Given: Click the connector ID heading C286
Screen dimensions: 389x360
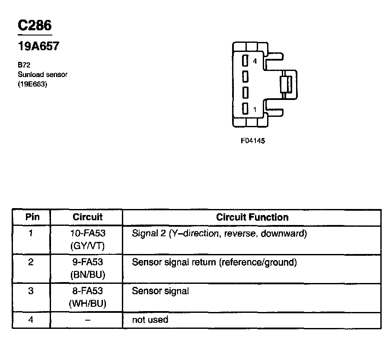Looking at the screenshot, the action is [x=34, y=26].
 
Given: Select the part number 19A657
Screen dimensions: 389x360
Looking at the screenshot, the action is [x=38, y=46].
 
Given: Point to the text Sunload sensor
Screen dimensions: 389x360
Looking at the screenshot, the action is [x=42, y=74].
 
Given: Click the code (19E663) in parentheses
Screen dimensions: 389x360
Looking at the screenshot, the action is [x=32, y=84].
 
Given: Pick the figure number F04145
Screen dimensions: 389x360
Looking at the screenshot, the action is [x=253, y=141].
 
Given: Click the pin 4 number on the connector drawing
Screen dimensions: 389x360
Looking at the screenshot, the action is [x=255, y=61].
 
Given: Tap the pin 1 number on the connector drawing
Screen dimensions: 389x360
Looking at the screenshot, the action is [x=255, y=109].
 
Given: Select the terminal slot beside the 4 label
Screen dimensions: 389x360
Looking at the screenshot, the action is [x=245, y=61].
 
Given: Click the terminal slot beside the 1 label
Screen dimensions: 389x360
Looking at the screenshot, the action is [x=245, y=109].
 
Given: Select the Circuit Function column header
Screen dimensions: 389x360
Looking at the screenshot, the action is [x=252, y=217].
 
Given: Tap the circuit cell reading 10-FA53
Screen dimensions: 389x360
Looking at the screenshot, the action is [x=88, y=234].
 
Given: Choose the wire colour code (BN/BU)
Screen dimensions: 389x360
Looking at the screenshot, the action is [x=88, y=274].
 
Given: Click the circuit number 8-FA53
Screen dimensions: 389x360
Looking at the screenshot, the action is [x=88, y=291].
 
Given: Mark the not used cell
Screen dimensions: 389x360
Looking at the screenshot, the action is [x=150, y=320].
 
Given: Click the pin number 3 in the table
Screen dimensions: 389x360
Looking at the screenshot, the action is [x=31, y=291].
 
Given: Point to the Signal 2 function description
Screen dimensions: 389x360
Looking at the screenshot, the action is [x=219, y=234].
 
